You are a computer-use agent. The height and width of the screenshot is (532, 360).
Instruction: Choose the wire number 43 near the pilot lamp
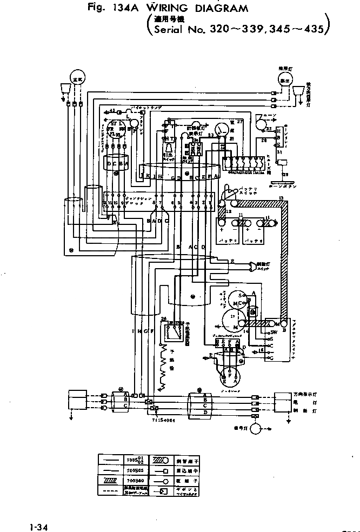[112, 111]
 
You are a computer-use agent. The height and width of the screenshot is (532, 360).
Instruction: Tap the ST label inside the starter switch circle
[111, 124]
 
